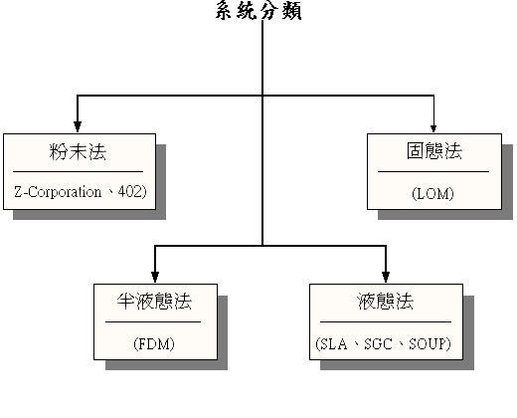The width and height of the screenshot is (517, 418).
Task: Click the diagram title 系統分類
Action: [258, 11]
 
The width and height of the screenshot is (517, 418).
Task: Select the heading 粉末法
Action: [78, 152]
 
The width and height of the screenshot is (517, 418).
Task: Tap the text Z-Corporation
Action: [58, 192]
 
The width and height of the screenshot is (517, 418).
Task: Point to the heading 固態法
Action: [434, 151]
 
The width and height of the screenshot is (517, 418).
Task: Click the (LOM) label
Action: [432, 194]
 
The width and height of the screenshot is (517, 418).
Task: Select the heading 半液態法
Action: [154, 302]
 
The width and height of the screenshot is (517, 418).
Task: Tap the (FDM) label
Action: [154, 344]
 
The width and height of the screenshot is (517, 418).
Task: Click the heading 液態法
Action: [386, 302]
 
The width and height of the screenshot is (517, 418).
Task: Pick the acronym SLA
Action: [334, 344]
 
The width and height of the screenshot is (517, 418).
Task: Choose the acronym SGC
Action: [378, 344]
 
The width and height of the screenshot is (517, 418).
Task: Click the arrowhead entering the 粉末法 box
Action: [78, 126]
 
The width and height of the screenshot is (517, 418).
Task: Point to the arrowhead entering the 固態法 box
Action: [433, 128]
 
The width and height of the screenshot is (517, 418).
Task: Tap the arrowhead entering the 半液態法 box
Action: [155, 277]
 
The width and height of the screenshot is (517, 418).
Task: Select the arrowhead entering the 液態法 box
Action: [386, 277]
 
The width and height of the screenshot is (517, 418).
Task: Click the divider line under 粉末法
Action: [78, 172]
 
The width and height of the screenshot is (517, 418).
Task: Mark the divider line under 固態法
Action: [433, 172]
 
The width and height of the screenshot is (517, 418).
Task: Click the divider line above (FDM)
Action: [153, 321]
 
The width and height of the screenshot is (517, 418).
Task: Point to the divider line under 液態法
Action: [386, 321]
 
